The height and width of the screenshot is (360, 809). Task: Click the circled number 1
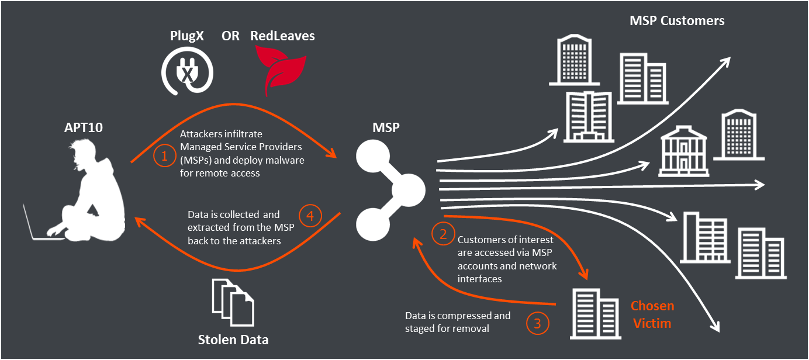(x=164, y=156)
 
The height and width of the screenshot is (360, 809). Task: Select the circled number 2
(x=442, y=234)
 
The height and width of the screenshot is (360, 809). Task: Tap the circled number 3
(x=538, y=323)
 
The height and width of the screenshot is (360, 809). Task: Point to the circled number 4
(x=310, y=216)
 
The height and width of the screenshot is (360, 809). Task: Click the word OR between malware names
(x=230, y=36)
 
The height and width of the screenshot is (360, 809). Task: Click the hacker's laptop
(x=38, y=225)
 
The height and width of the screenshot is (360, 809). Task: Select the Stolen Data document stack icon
(x=233, y=303)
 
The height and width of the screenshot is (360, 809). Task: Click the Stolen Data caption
(x=233, y=340)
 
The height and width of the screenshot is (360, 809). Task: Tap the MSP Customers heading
(x=677, y=21)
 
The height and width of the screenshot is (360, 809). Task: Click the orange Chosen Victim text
(x=652, y=314)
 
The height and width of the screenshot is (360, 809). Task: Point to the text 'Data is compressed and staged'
(x=458, y=322)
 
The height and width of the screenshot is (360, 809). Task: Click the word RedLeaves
(x=282, y=36)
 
